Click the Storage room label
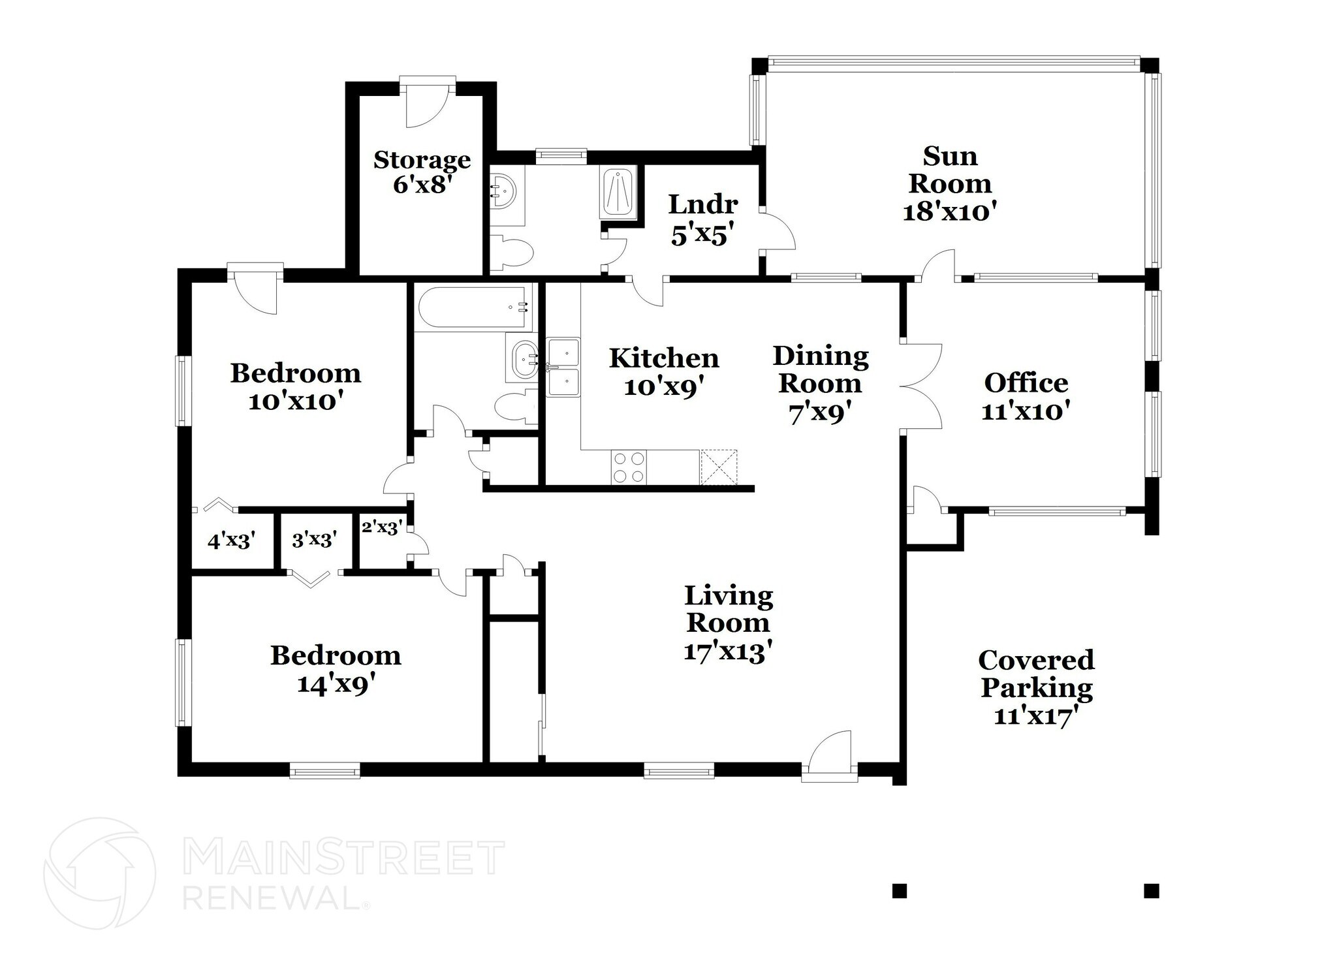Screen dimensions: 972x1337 (422, 160)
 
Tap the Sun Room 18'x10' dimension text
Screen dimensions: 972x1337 (950, 212)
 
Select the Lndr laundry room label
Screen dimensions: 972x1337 (702, 205)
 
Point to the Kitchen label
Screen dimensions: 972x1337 (664, 358)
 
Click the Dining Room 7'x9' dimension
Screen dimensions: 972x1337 (821, 414)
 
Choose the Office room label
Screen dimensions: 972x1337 (1026, 383)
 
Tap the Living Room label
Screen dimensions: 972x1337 (729, 609)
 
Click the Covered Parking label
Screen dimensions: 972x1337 (1036, 674)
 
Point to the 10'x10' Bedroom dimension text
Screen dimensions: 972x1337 (296, 401)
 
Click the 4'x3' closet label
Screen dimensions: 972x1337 (230, 541)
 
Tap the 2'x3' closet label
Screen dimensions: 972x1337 (381, 527)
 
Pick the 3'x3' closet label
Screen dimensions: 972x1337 (315, 540)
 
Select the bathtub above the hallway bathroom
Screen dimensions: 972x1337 (474, 307)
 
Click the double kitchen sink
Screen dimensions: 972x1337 (563, 368)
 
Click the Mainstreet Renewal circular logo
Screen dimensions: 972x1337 (100, 873)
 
